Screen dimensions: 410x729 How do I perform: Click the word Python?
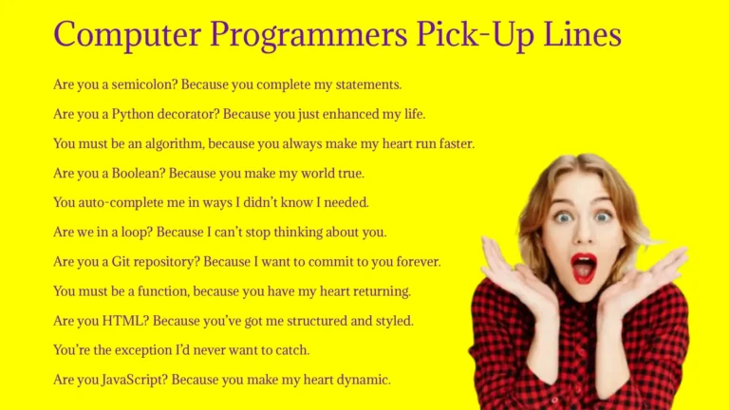click(x=132, y=114)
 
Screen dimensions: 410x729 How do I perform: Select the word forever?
click(x=417, y=261)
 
